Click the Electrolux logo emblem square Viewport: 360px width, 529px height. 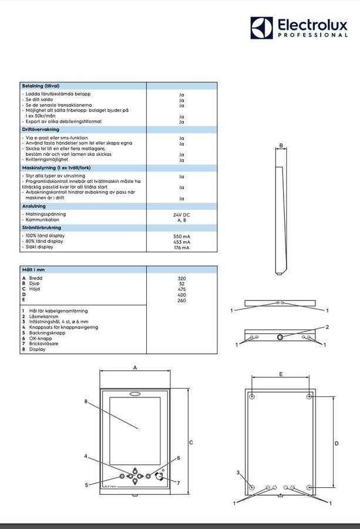(261, 28)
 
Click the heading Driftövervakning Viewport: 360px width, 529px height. (41, 129)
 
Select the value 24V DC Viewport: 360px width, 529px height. (181, 215)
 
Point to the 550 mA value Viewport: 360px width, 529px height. (181, 236)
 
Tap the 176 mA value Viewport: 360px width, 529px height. (181, 247)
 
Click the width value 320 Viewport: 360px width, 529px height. (181, 279)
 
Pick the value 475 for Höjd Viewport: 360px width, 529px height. (181, 289)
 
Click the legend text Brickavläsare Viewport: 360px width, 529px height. (43, 343)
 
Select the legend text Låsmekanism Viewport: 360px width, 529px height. (43, 316)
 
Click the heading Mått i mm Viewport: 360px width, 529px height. (33, 270)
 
